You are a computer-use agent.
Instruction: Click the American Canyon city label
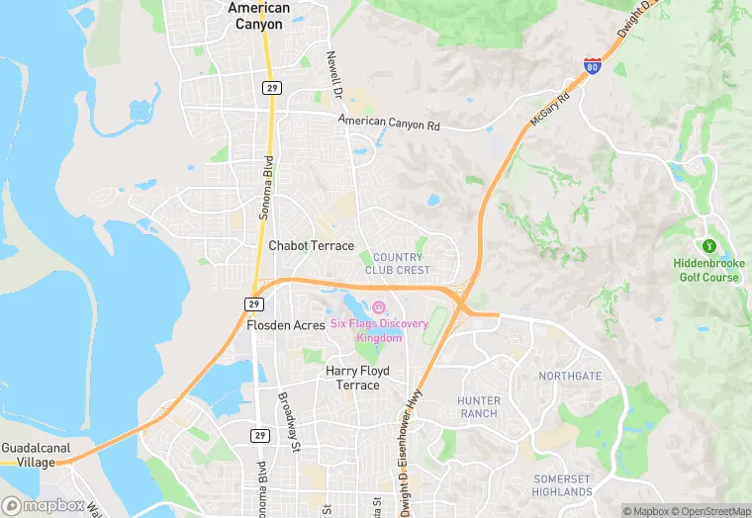click(259, 16)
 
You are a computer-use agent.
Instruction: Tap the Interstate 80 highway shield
click(592, 66)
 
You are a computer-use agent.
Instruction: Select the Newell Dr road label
click(334, 76)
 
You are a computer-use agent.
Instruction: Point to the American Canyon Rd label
click(388, 124)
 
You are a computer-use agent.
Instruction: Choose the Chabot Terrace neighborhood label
click(311, 245)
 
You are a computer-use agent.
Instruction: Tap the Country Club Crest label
click(398, 264)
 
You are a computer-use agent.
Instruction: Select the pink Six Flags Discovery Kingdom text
click(380, 330)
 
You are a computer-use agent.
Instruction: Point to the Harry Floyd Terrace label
click(357, 378)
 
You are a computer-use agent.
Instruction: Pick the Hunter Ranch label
click(478, 406)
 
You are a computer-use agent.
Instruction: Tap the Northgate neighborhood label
click(569, 376)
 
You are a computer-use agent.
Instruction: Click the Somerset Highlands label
click(561, 485)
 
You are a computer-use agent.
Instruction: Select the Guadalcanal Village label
click(36, 455)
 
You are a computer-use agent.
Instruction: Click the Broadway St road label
click(289, 422)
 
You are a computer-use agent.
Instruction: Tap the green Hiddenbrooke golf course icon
click(707, 245)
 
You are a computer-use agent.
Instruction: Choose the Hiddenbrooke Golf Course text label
click(706, 270)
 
